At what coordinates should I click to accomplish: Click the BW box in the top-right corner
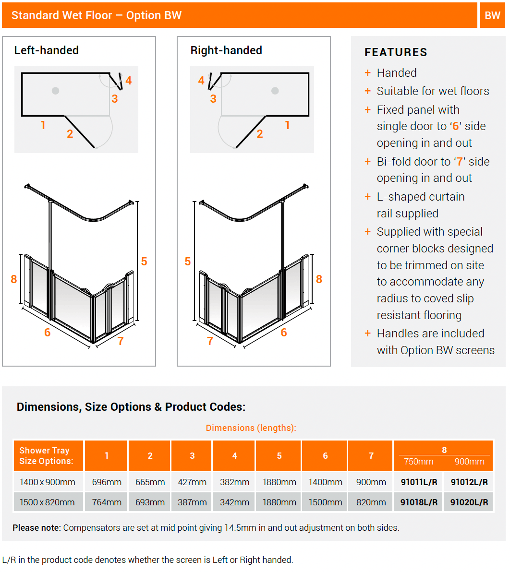[x=492, y=15]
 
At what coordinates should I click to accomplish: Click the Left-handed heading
[x=46, y=50]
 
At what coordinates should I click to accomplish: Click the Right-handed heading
[x=226, y=50]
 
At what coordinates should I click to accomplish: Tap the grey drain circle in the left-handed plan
[x=56, y=91]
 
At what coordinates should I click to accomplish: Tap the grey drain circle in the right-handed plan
[x=275, y=91]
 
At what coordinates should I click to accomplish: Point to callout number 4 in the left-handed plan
[x=128, y=81]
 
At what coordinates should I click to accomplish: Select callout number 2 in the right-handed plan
[x=260, y=134]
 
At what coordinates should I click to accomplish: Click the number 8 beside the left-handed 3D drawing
[x=14, y=279]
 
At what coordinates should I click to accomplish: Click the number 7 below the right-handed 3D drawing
[x=210, y=341]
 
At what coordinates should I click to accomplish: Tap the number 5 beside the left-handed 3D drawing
[x=144, y=262]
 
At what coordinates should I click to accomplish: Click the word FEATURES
[x=396, y=52]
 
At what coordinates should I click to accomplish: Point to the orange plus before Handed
[x=368, y=73]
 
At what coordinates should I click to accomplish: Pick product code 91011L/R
[x=419, y=482]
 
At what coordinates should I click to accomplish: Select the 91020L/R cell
[x=469, y=502]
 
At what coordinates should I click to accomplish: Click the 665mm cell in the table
[x=150, y=482]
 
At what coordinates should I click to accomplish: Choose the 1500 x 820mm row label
[x=47, y=502]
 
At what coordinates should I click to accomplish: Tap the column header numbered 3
[x=192, y=456]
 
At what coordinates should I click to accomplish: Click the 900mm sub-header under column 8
[x=469, y=462]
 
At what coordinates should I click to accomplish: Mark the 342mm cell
[x=234, y=502]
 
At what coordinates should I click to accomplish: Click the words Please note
[x=37, y=528]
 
